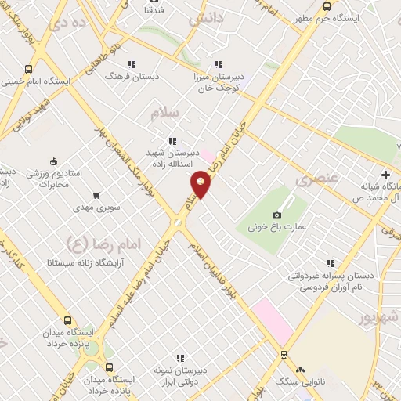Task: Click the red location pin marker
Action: (x=200, y=184)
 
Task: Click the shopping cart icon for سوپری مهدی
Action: (x=96, y=195)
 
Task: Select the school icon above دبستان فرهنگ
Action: (x=132, y=64)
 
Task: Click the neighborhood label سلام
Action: (x=166, y=113)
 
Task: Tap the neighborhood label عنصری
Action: (x=316, y=179)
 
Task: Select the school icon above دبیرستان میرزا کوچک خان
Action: (x=219, y=64)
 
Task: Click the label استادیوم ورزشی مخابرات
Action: (x=56, y=178)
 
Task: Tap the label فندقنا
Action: (x=154, y=11)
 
